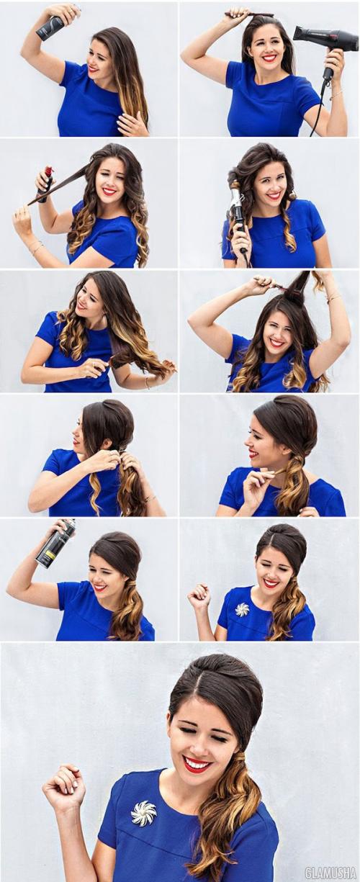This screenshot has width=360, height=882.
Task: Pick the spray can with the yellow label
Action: click(56, 544)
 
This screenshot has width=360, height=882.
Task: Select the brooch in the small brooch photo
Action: click(242, 611)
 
